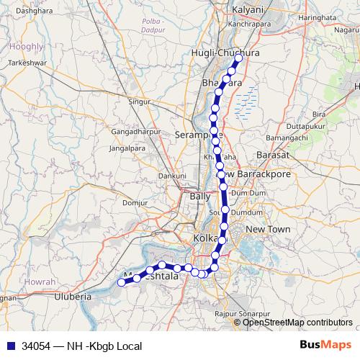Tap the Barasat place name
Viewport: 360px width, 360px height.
click(x=271, y=155)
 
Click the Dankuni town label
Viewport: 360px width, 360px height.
click(x=172, y=175)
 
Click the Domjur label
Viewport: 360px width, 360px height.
click(x=135, y=202)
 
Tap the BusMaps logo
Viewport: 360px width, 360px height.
click(x=325, y=346)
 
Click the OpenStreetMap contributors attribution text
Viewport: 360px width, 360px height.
click(x=297, y=323)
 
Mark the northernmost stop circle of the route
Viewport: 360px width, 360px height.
click(x=238, y=58)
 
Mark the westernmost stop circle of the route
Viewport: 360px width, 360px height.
click(x=122, y=282)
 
